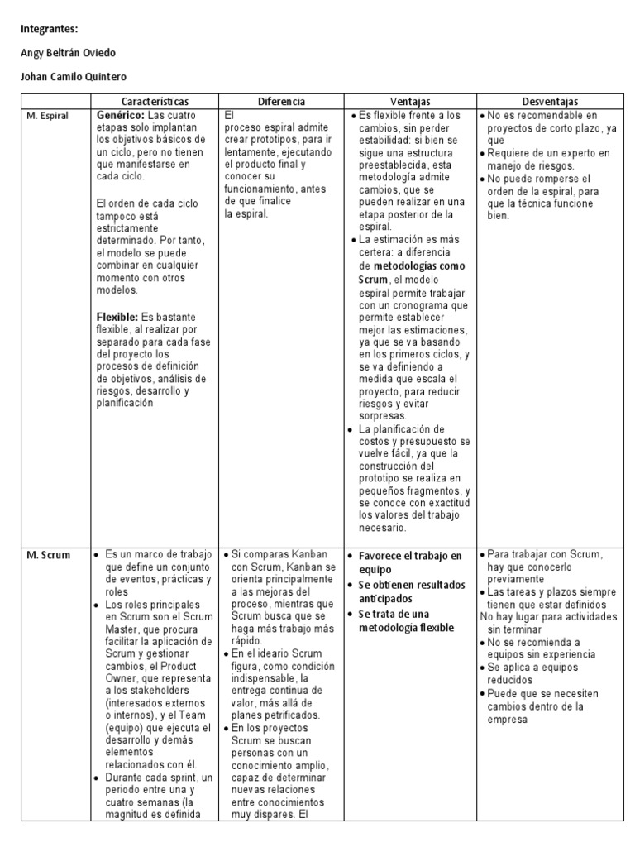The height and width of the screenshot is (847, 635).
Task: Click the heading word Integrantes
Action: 49,29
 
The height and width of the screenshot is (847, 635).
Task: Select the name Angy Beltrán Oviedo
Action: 68,53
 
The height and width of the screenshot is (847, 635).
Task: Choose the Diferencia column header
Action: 281,101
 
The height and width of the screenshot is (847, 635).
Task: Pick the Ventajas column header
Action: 410,101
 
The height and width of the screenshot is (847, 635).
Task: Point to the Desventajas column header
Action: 550,101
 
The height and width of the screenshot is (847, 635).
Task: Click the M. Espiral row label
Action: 46,115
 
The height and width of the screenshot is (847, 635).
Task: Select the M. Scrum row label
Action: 45,555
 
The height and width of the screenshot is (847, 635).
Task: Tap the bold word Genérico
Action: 121,115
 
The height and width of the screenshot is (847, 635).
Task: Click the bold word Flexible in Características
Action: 117,317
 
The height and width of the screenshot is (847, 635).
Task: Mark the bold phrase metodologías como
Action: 419,266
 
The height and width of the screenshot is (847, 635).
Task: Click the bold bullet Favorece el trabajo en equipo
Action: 410,562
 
